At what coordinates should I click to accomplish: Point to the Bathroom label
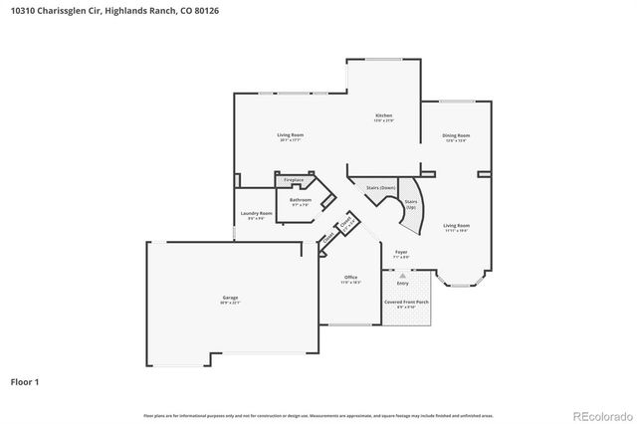coord(301,201)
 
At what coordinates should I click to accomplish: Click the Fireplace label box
coord(294,180)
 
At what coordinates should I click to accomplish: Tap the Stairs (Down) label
coord(380,188)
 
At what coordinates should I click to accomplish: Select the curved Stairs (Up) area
coord(410,205)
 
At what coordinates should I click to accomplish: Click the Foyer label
coord(401,253)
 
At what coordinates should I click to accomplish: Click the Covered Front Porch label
coord(406,303)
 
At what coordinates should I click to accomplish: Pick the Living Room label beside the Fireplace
coord(290,136)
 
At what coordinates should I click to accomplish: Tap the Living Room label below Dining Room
coord(456,227)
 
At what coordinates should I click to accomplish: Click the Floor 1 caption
coord(25,381)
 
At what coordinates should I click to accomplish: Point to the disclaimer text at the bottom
coord(318,415)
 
